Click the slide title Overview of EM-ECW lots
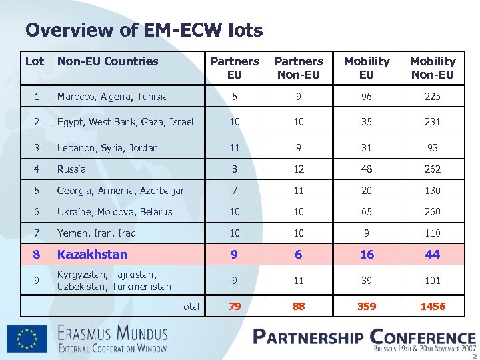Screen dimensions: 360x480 point(144,30)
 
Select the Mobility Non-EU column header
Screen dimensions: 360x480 point(433,68)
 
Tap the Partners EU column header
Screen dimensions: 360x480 point(235,68)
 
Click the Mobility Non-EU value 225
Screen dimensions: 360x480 point(433,97)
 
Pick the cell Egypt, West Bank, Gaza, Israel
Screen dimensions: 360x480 point(125,122)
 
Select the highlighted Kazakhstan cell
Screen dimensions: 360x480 point(92,254)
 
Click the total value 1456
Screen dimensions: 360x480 point(433,307)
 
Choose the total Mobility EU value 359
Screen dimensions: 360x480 point(367,307)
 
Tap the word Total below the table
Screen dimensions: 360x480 point(189,307)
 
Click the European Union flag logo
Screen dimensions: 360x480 point(27,338)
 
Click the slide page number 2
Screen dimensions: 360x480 point(475,355)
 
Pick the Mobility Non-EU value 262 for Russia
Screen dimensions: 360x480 point(433,169)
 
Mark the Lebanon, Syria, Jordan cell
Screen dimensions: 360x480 point(107,148)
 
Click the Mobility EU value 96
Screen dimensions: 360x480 point(367,97)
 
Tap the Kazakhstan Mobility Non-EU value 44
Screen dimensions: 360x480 point(433,254)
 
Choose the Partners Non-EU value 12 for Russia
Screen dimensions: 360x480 point(299,169)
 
